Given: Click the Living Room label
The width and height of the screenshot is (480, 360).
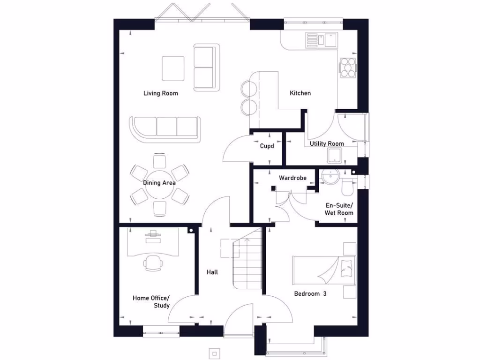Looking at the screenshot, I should click(161, 93).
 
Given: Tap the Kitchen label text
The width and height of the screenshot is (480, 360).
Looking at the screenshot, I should click(300, 93).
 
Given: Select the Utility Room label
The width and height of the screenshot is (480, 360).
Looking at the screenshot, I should click(327, 144).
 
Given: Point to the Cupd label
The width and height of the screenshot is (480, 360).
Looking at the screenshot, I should click(267, 146).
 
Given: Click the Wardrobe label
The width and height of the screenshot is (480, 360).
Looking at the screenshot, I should click(292, 178).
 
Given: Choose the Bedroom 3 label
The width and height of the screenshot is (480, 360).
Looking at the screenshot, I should click(310, 294).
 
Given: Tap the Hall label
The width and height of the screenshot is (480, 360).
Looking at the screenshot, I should click(212, 272).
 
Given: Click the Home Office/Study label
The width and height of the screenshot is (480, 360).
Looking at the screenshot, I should click(151, 302).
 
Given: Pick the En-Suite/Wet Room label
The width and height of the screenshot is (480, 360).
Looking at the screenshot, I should click(339, 209).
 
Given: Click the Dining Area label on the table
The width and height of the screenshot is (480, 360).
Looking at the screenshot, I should click(159, 183).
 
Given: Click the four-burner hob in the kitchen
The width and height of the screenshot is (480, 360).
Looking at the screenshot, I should click(348, 67).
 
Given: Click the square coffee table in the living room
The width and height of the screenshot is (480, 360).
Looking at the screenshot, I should click(173, 68).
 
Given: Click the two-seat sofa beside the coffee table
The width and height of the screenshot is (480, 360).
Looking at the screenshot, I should click(207, 67).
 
